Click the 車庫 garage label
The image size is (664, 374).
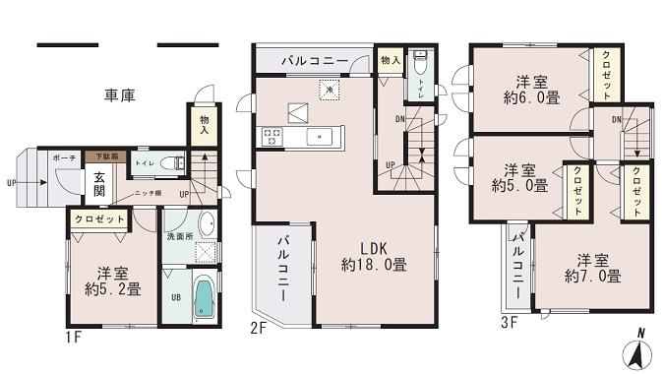click(x=119, y=94)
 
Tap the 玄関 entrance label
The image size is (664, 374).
click(x=100, y=184)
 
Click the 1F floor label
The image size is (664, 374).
click(x=74, y=338)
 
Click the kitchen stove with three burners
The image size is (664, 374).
click(x=272, y=136)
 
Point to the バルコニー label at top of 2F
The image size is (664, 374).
click(x=314, y=61)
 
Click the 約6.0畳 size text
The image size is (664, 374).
click(x=531, y=97)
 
